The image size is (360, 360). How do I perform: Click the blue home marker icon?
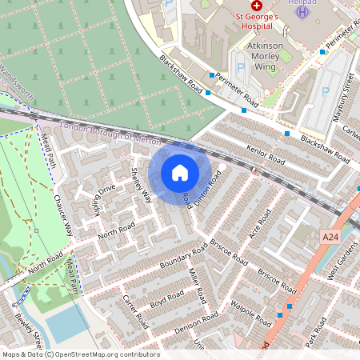click(x=180, y=172)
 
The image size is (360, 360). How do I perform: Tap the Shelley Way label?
click(x=140, y=185)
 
